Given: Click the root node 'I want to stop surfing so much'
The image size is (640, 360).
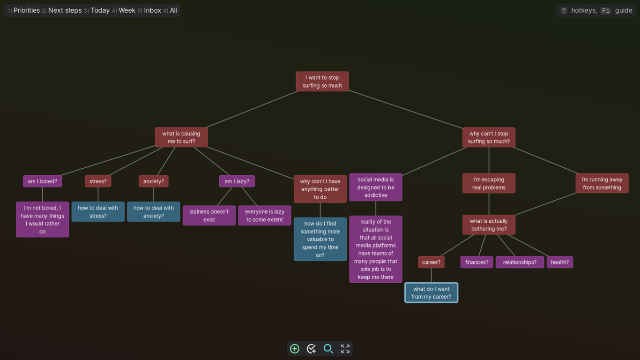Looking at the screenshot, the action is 322,82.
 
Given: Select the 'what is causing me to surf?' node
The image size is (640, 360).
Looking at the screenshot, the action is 181,137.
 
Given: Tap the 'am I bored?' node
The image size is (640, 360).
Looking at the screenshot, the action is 42,181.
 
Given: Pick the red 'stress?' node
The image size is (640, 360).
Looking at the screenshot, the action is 98,181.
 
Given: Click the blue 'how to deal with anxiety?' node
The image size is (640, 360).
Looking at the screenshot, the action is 153,211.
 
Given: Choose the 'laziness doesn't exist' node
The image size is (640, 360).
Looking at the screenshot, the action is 209,216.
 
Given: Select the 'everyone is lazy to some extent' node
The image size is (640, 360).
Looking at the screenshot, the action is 265,216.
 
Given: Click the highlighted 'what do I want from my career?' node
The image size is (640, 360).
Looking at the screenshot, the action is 431,293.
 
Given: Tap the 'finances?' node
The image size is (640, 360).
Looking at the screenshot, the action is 476,262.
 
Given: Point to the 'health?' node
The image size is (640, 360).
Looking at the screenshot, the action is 560,262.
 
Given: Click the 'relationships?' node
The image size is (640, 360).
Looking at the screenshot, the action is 520,262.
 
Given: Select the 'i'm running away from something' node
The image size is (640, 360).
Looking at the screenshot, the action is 602,183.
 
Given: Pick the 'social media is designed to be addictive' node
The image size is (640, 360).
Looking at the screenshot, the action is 376,187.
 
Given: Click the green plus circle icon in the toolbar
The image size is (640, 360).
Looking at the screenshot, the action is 295,349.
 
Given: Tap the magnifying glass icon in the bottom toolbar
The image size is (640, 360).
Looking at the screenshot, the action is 328,349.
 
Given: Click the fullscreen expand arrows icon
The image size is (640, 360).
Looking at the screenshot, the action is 345,349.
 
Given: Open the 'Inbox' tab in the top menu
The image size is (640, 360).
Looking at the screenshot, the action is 152,11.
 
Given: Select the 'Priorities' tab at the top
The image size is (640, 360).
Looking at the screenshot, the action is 27,11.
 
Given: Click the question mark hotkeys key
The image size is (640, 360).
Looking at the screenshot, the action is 564,11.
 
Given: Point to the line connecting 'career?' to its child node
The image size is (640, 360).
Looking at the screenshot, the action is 431,275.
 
